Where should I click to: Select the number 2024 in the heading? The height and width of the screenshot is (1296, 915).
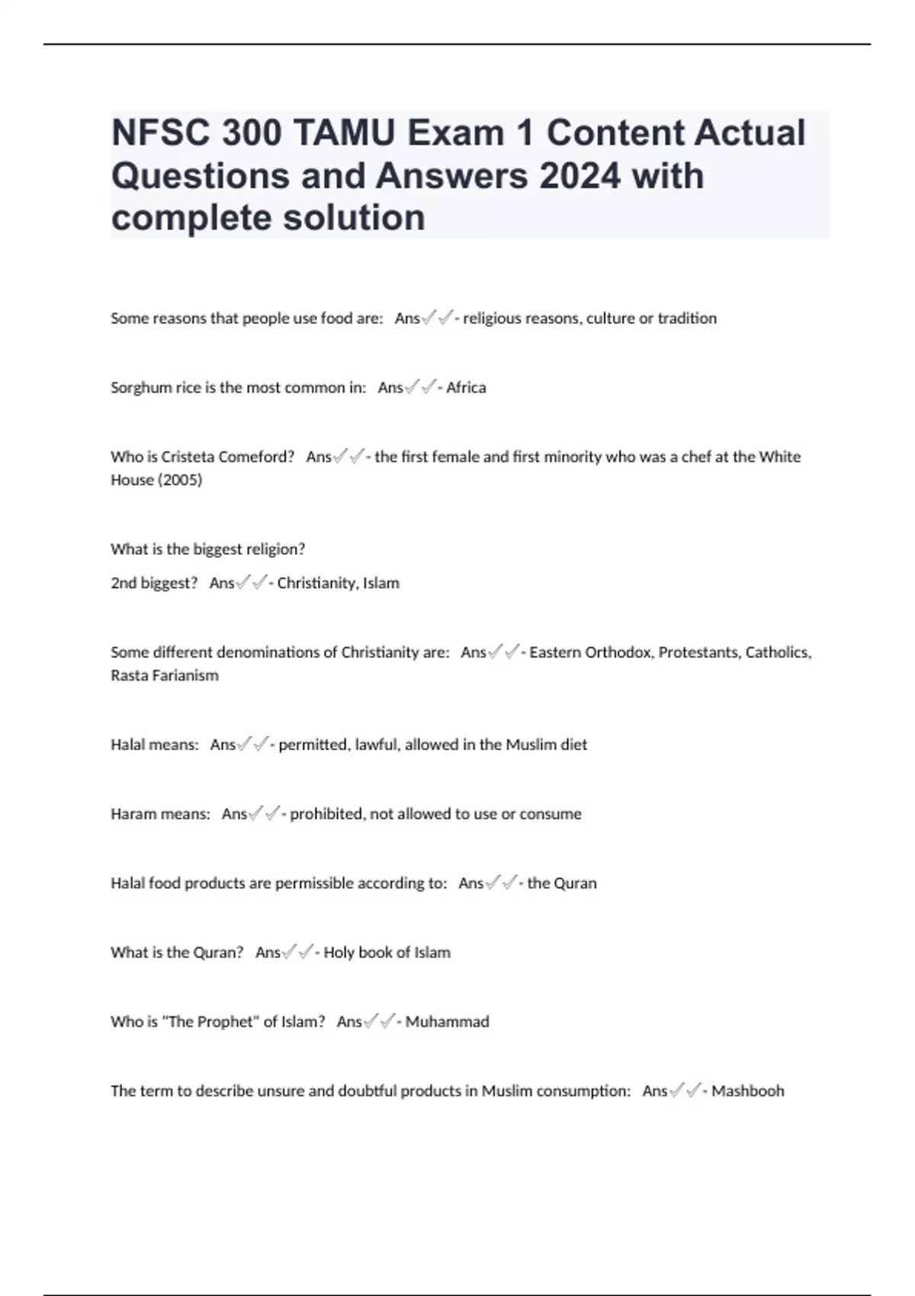click(x=579, y=176)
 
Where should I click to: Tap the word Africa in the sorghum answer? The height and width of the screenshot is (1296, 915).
click(x=466, y=387)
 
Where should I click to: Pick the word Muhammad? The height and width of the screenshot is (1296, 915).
click(x=447, y=1022)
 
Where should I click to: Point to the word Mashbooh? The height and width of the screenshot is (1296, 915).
click(x=747, y=1091)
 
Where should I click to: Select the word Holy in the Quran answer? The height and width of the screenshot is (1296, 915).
click(x=339, y=952)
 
